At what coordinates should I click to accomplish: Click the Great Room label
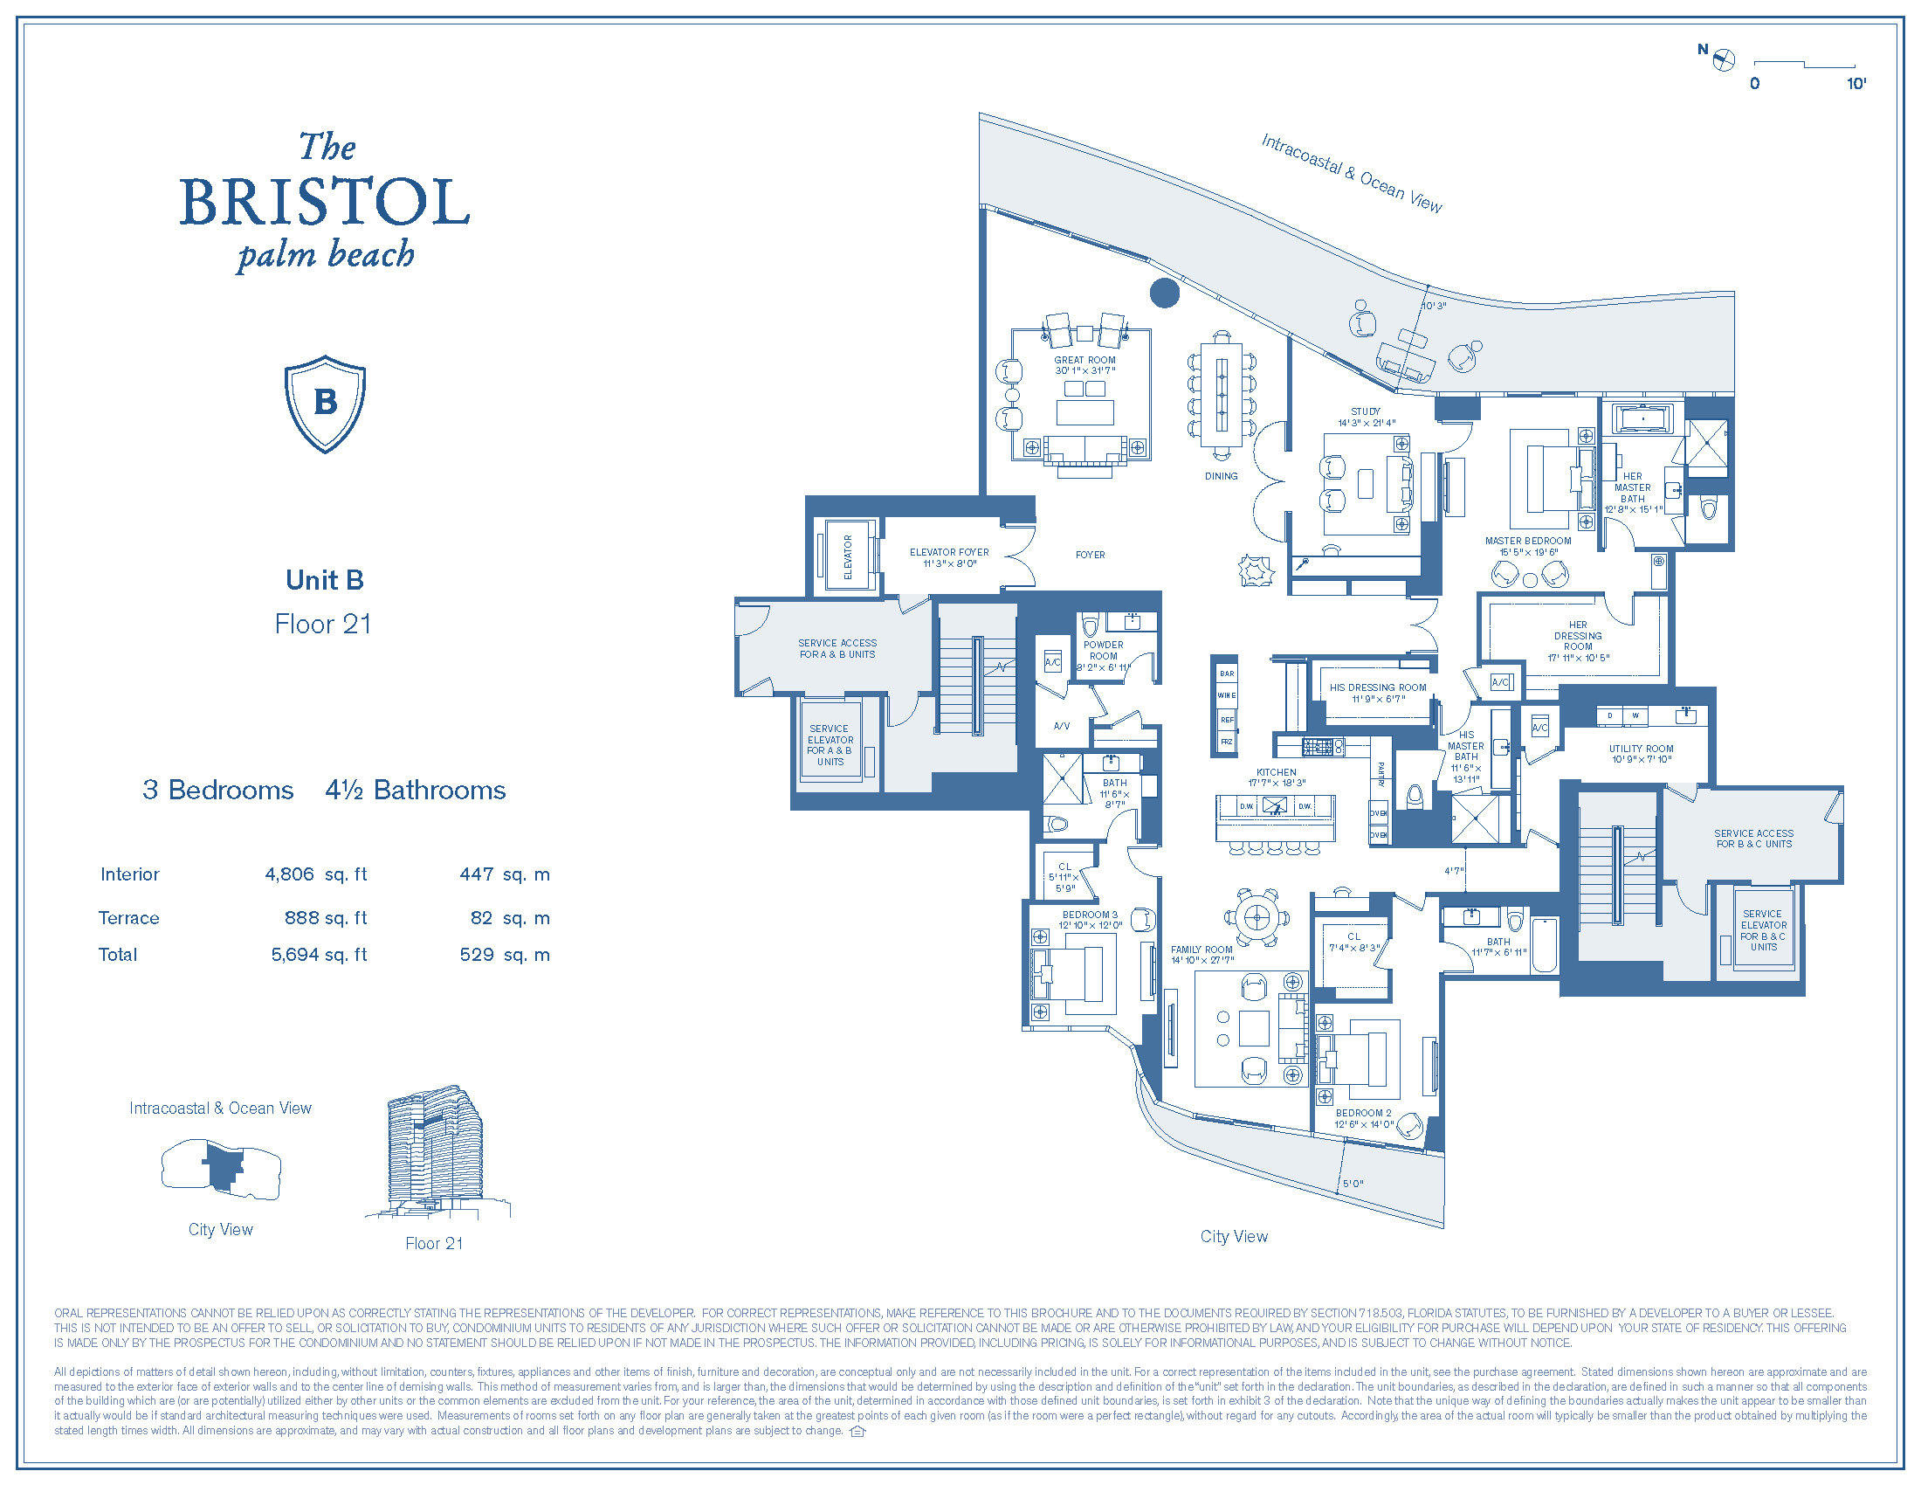1084,365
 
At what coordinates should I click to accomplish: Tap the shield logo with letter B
325,404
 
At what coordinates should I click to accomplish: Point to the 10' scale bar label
1856,84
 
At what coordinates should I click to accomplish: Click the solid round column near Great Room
1165,293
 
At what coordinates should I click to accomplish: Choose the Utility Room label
1641,753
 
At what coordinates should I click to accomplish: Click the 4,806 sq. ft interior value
316,874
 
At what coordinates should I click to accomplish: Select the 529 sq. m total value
504,955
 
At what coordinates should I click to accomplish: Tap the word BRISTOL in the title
325,203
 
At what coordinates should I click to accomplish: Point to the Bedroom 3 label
1090,919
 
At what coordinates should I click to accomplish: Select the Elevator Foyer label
949,557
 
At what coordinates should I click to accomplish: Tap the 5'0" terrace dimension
1353,1185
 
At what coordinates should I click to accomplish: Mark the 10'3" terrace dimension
1434,306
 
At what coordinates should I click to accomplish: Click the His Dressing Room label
1377,693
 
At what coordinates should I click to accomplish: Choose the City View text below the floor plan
1233,1236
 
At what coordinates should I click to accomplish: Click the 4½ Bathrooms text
415,790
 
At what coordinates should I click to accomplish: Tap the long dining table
1222,395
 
